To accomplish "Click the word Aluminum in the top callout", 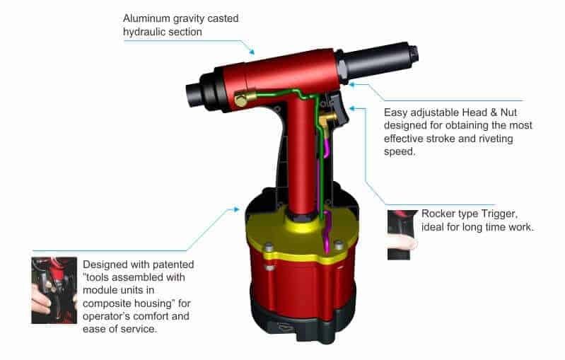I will (146, 18).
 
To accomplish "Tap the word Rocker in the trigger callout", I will (438, 214).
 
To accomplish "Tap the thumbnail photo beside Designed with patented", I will (54, 291).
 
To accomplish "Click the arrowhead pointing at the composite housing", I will (238, 210).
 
